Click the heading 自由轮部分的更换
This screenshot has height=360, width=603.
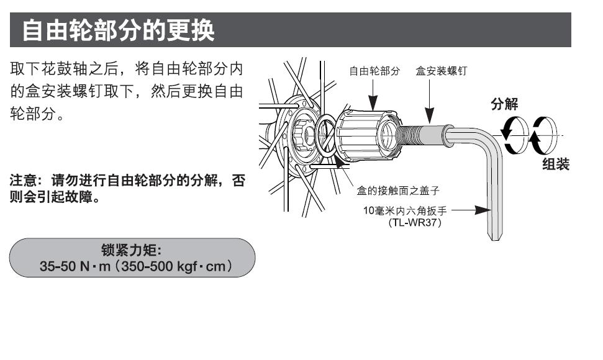pos(118,30)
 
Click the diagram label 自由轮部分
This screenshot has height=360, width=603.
pos(374,71)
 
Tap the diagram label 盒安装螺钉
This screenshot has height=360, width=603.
pos(442,71)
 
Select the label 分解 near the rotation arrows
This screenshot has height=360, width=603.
pos(504,104)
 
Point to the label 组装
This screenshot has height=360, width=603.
pos(556,164)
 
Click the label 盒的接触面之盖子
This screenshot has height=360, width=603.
pos(398,191)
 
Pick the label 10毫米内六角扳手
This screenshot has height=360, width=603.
pos(405,210)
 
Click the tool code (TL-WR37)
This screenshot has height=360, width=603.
pos(415,222)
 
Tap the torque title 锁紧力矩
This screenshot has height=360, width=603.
pos(131,250)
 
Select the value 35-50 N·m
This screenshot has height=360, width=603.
pos(75,266)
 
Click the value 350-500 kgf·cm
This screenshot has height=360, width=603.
pos(173,266)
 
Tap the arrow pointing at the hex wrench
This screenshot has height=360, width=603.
pos(471,210)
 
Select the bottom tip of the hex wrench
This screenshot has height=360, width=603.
pos(496,240)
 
